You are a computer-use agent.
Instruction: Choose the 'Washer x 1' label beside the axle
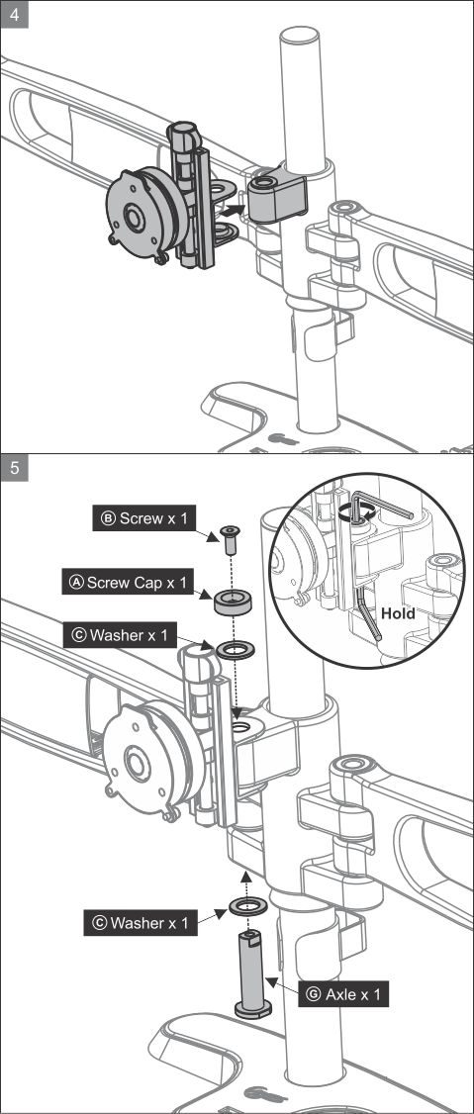point(139,923)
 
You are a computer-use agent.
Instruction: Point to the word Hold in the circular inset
point(398,612)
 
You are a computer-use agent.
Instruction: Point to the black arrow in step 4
point(231,210)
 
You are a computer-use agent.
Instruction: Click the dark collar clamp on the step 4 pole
point(275,193)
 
